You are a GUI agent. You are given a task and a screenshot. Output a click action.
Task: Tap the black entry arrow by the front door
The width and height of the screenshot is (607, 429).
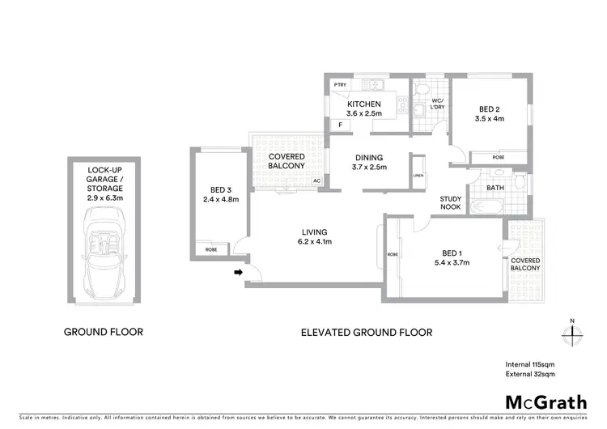coord(239,273)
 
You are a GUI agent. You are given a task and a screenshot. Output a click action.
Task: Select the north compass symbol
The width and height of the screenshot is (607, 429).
coord(571,333)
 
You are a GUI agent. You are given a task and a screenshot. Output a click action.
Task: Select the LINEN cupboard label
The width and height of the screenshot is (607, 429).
coord(418,176)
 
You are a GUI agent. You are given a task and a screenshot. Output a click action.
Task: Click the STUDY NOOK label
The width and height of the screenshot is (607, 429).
coord(451,202)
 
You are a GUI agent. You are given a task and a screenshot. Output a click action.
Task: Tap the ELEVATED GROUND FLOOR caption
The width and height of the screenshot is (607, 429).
coord(366,332)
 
